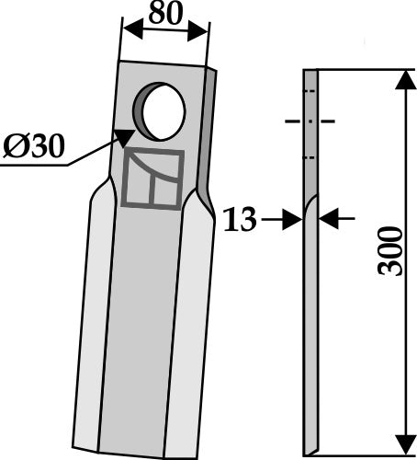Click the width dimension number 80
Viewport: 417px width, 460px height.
pos(164,15)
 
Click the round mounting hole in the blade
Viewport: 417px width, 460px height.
pos(163,111)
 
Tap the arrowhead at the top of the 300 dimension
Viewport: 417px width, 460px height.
pos(402,80)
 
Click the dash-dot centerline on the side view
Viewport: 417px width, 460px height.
pos(310,121)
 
